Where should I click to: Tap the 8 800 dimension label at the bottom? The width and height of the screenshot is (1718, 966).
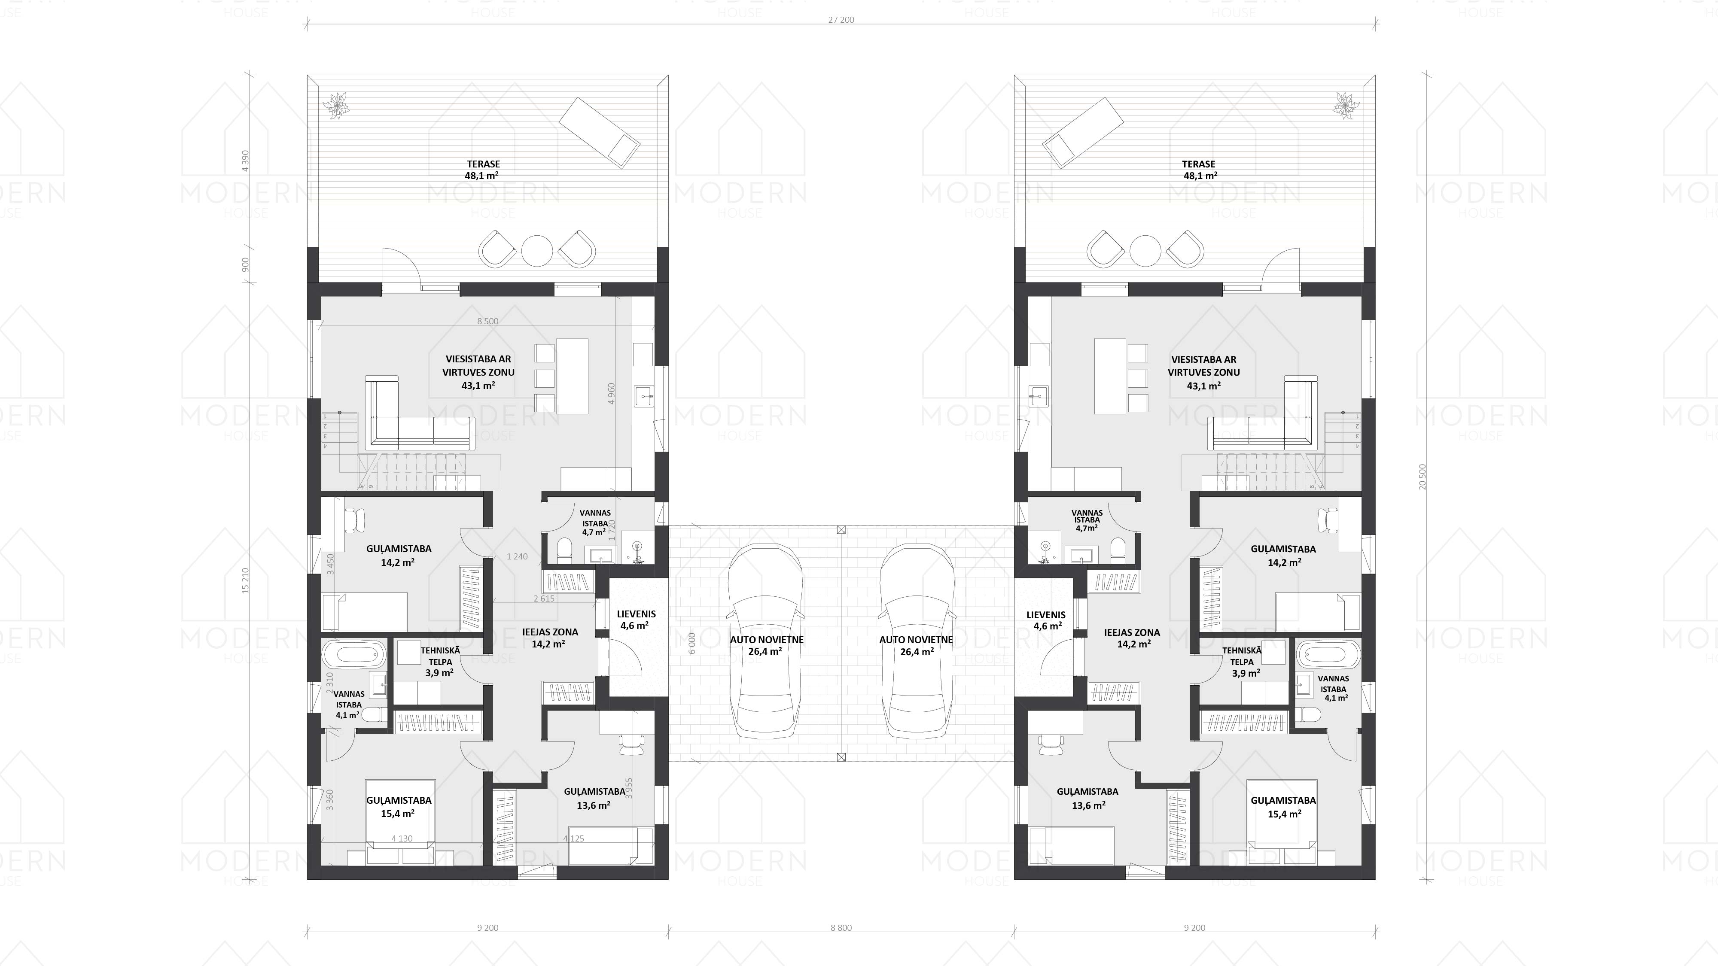coord(841,927)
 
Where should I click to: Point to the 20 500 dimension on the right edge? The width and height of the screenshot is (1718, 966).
coord(1423,477)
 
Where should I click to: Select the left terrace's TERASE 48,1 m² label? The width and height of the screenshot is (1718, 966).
coord(482,169)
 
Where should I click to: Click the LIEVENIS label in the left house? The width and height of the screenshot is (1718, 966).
coord(636,614)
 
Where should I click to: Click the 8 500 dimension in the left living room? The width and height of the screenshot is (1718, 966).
coord(487,321)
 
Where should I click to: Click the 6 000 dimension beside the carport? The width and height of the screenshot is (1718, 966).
coord(692,643)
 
